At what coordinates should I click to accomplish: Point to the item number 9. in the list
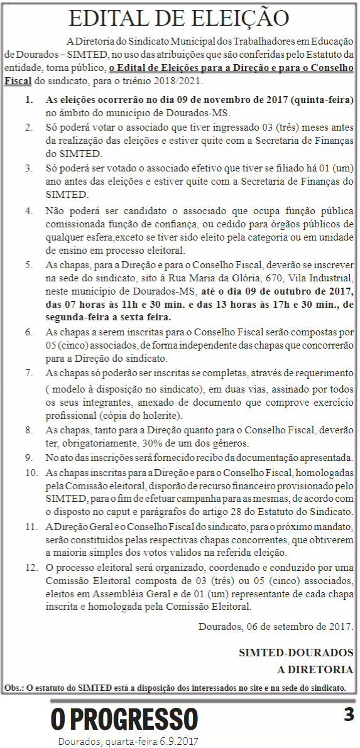[30, 457]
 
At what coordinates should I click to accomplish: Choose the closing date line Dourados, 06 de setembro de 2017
[275, 627]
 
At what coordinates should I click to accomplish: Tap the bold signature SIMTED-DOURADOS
[295, 653]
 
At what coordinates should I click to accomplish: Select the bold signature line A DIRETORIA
[315, 669]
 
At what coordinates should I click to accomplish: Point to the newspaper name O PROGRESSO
[124, 719]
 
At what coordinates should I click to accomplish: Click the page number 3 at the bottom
[349, 714]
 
